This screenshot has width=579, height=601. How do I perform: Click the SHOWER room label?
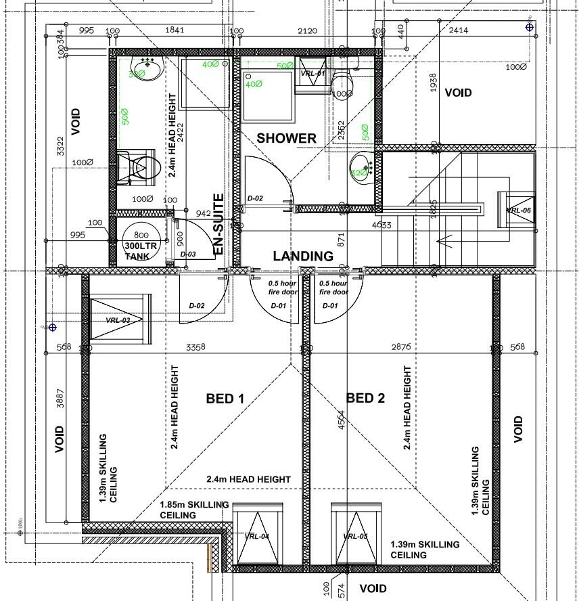[x=286, y=138]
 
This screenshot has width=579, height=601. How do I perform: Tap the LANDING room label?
[x=303, y=256]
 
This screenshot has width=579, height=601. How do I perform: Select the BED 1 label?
[x=225, y=399]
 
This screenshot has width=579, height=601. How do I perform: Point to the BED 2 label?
[x=365, y=398]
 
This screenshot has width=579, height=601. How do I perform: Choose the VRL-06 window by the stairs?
[x=518, y=210]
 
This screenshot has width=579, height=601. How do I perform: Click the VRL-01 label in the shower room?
[x=312, y=73]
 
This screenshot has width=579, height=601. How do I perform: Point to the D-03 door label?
[x=187, y=254]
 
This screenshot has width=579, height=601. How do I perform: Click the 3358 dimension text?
[x=195, y=347]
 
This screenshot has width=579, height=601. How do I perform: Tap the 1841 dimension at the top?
[x=175, y=30]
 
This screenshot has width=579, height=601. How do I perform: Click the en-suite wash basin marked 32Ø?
[x=145, y=70]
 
